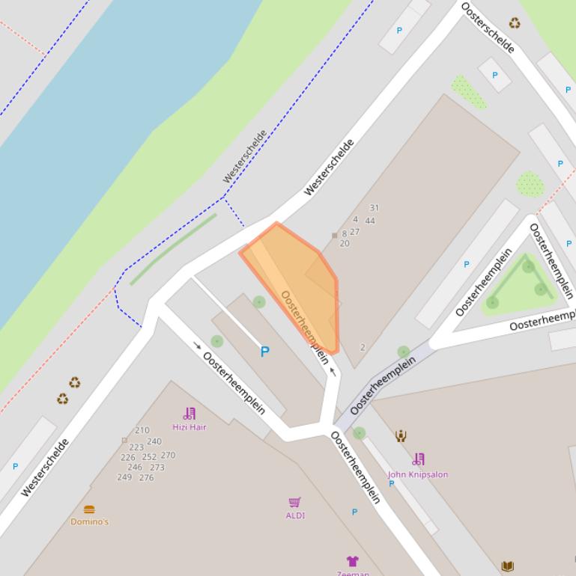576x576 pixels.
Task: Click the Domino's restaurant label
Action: [x=89, y=521]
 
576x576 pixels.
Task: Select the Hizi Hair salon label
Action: [x=189, y=427]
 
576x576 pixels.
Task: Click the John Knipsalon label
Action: [x=417, y=474]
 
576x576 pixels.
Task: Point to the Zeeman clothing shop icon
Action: [x=352, y=561]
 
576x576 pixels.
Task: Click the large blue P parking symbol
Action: [x=264, y=352]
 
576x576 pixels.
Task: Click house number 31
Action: [x=374, y=208]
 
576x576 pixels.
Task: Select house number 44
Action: [x=370, y=221]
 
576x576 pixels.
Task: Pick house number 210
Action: [x=142, y=431]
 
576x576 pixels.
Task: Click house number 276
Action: [x=146, y=477]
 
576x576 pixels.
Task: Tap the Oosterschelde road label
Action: [x=488, y=28]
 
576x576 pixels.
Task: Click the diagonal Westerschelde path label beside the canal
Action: [x=245, y=156]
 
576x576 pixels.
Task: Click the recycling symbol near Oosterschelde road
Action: [x=515, y=23]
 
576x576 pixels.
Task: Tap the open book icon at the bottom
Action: [x=507, y=566]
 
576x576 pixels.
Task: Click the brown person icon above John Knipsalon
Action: [x=401, y=435]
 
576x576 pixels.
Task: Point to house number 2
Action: [x=363, y=347]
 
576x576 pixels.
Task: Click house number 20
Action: [x=345, y=243]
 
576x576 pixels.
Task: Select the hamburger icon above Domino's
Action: [x=89, y=509]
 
